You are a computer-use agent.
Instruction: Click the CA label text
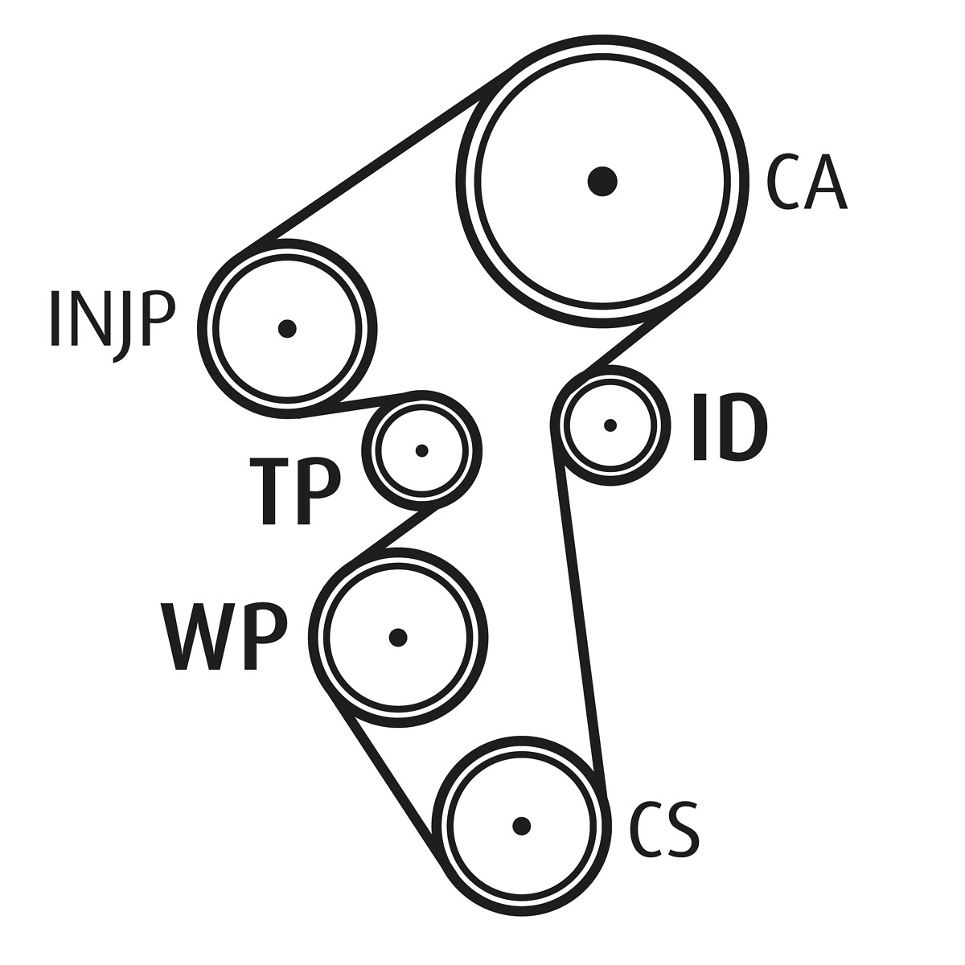pos(806,182)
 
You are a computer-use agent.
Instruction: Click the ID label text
pos(729,427)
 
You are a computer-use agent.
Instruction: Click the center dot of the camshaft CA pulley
pos(602,181)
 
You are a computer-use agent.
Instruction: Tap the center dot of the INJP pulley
pos(287,329)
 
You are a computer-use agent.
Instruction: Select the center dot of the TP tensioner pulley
pos(421,450)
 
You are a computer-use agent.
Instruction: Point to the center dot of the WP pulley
pos(398,638)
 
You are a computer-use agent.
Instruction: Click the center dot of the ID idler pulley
pos(610,425)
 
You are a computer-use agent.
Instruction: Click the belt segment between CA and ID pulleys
pos(637,334)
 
